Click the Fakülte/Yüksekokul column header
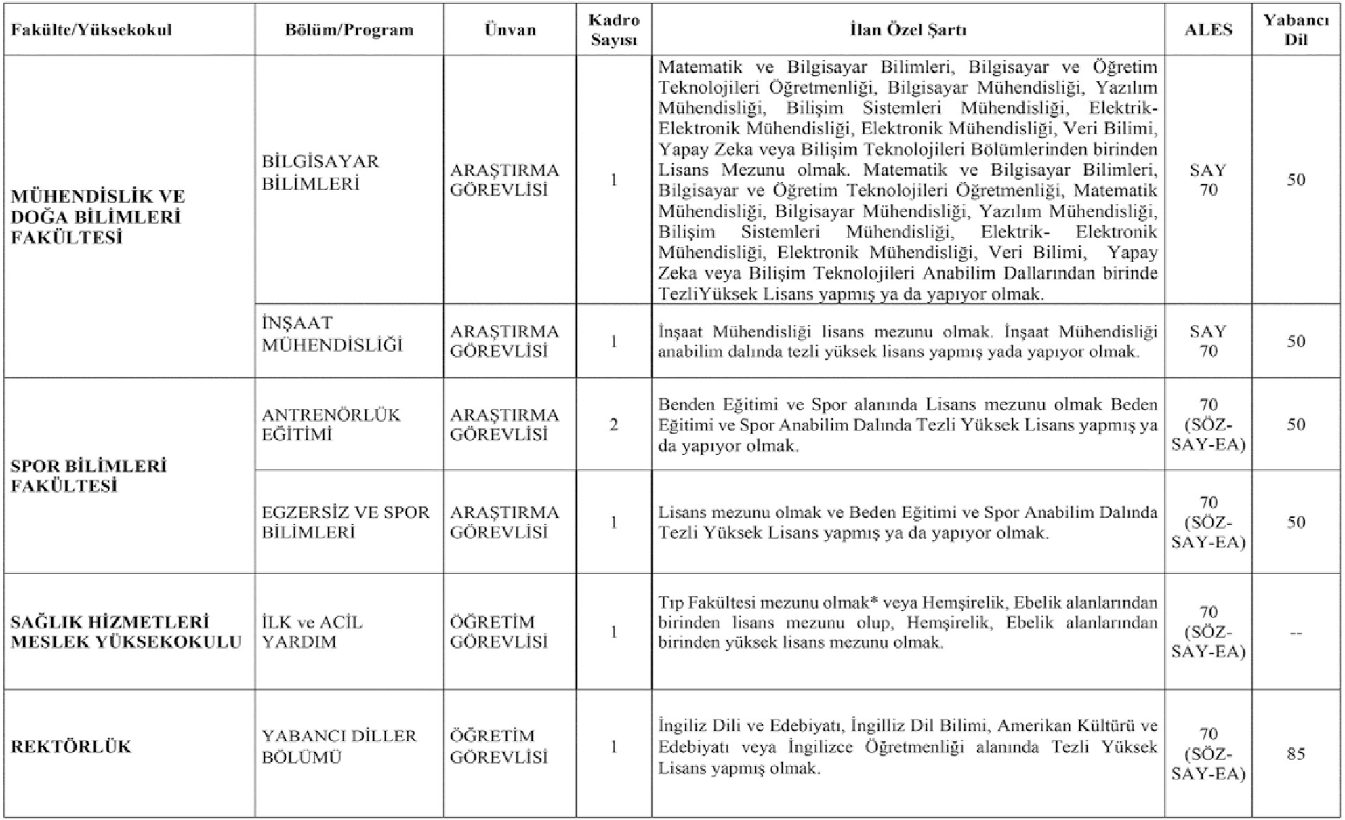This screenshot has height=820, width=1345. pos(91,30)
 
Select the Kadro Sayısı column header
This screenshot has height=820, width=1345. pos(613,30)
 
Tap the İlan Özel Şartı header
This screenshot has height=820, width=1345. pos(908,30)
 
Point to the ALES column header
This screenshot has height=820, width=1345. pos(1208,30)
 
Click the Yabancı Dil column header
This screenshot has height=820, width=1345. pos(1296,30)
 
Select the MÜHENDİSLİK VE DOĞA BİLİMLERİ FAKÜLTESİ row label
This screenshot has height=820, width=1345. pos(98,217)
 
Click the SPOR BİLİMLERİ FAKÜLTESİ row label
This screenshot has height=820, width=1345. pos(89,476)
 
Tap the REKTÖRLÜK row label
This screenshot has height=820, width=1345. pos(70,746)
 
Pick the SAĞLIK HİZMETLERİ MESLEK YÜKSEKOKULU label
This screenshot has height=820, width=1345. pos(126,632)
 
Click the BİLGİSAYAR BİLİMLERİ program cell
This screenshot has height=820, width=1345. pos(320,172)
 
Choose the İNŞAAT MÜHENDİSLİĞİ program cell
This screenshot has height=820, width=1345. pos(332,334)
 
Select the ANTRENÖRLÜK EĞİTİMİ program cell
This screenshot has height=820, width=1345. pos(331,424)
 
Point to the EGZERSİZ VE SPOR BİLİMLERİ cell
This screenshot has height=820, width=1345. pos(346,522)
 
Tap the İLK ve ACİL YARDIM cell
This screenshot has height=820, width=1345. pos(312,632)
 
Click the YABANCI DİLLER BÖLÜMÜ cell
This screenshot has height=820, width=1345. pos(339,746)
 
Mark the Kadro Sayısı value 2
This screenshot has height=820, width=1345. pos(613,425)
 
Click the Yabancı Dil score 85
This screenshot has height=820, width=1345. pos(1296,754)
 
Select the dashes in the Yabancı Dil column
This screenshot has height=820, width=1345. pos(1296,633)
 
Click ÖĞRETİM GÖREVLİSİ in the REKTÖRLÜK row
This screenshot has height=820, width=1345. pos(499,746)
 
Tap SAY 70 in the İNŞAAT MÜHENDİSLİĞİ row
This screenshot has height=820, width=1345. pos(1208,341)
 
